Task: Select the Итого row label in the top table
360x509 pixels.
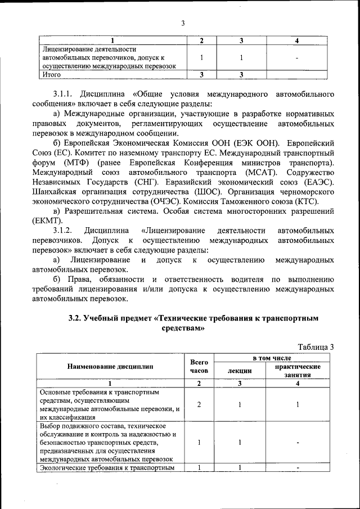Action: (x=51, y=74)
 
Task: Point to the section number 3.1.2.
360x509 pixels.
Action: (x=63, y=231)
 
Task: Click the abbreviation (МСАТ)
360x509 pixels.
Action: (x=264, y=172)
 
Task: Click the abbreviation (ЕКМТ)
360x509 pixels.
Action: (x=51, y=220)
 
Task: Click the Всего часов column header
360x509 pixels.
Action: (x=199, y=367)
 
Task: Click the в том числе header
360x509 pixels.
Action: (x=268, y=358)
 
